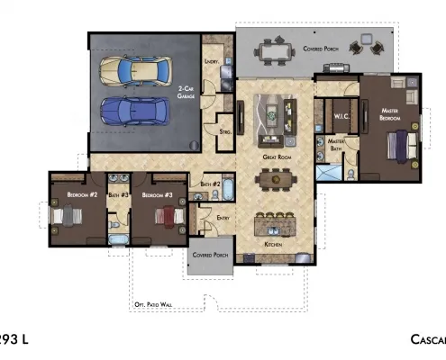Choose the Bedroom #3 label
pos(158,193)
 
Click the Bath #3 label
pos(119,193)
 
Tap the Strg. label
pos(225,131)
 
